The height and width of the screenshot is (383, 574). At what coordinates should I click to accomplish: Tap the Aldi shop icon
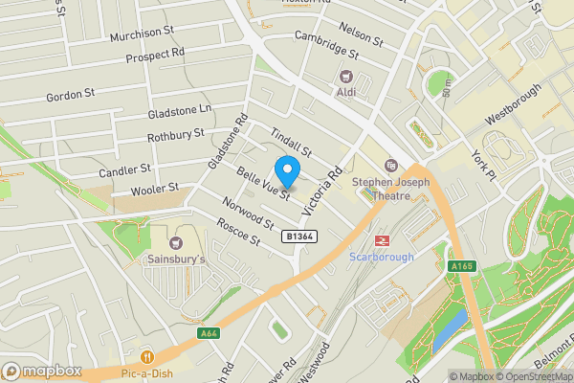point(345,76)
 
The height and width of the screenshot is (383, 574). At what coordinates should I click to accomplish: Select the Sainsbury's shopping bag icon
point(176,241)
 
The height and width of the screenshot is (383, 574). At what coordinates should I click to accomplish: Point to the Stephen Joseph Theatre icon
point(390,166)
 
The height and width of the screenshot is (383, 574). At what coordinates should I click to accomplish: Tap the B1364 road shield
point(300,236)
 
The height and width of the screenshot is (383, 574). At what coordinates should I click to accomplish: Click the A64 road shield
point(209,333)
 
